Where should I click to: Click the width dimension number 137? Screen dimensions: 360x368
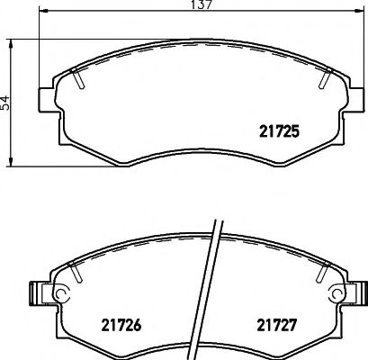pos(201,8)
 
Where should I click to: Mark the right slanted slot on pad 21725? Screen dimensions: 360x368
pos(323,80)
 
